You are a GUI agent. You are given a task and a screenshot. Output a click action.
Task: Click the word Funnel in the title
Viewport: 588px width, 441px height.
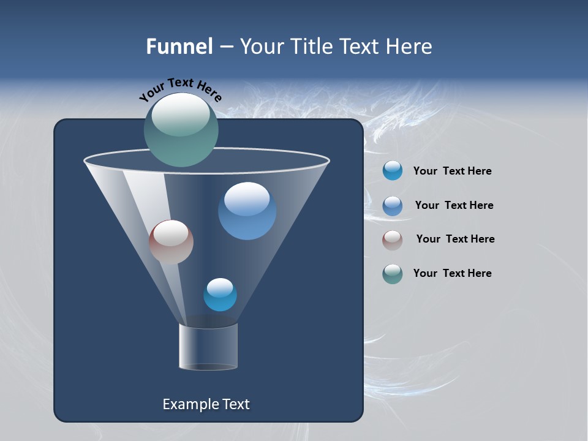coord(179,47)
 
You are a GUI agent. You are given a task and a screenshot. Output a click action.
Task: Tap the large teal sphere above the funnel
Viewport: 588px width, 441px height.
coord(181,130)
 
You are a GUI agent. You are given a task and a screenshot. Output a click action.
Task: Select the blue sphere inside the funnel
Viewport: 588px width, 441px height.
coord(247,211)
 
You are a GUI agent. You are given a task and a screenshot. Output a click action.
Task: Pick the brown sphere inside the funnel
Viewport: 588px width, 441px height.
coord(171,242)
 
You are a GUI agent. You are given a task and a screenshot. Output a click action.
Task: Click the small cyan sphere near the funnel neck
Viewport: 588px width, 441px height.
coord(220,295)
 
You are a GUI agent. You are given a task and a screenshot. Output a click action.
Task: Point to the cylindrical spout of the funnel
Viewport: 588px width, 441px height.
coord(208,347)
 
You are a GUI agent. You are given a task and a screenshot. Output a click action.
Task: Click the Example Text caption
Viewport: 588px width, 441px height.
coord(206,404)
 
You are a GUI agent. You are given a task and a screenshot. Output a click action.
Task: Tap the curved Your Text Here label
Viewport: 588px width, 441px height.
coord(180,89)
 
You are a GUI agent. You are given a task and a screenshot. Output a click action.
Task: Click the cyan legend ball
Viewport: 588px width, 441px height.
coord(393,170)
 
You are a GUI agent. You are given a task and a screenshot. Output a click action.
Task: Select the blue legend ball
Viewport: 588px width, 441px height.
coord(393,205)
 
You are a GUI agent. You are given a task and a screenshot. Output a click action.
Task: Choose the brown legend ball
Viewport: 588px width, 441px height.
coord(393,239)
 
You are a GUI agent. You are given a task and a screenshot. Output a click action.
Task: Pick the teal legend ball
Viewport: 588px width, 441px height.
coord(393,274)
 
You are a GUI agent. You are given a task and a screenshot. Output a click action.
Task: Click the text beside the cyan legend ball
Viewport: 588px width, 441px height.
coord(452,171)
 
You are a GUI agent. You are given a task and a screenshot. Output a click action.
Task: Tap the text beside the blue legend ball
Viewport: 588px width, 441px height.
coord(454,205)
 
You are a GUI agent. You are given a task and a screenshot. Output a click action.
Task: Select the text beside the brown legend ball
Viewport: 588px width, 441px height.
coord(455,239)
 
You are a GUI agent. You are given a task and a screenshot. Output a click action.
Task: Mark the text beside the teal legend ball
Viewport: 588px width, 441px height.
coord(452,273)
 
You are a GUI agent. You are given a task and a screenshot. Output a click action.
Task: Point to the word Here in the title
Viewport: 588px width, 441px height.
coord(410,47)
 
